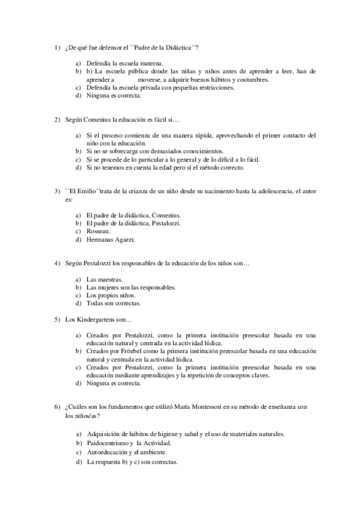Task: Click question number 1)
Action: click(x=58, y=48)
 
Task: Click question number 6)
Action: click(x=58, y=407)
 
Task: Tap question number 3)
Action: click(x=58, y=191)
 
